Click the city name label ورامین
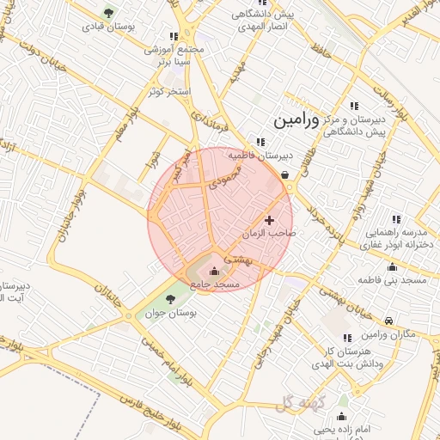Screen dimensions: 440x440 [296, 121]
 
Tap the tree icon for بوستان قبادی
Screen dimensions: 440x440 [107, 13]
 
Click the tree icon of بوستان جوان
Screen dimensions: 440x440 [168, 299]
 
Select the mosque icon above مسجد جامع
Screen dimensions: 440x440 [214, 272]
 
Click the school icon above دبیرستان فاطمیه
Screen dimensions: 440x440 [260, 142]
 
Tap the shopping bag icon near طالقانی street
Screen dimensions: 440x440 [284, 174]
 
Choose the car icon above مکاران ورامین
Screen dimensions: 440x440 [389, 321]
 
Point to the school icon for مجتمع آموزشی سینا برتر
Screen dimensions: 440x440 [174, 36]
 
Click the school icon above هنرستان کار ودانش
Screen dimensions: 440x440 [347, 339]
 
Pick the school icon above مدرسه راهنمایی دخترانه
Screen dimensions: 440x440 [395, 220]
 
